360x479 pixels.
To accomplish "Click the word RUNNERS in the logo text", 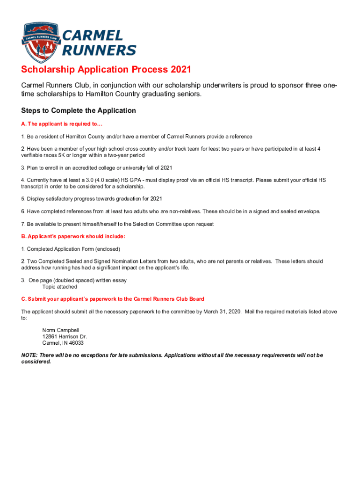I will (x=100, y=50).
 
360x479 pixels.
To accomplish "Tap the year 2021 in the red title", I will (x=181, y=70).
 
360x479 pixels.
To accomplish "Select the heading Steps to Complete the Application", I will (x=79, y=111).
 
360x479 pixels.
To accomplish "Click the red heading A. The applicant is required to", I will (x=62, y=124).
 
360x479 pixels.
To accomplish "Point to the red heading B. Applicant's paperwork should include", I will (x=73, y=236).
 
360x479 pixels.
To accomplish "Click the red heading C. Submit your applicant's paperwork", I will (x=112, y=299).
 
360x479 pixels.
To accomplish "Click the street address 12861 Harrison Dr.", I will (x=65, y=336).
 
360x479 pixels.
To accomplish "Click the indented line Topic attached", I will (x=60, y=287).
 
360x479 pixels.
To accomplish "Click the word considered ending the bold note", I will (x=36, y=362).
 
